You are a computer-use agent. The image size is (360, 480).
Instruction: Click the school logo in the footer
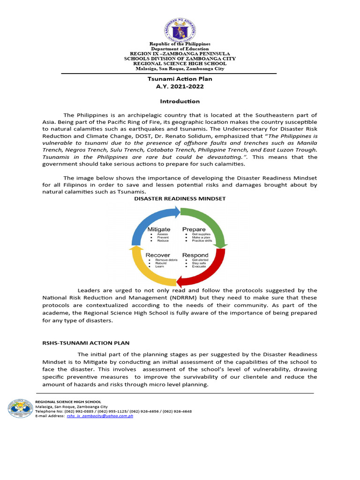pos(20,409)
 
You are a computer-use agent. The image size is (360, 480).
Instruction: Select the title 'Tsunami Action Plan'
pos(180,79)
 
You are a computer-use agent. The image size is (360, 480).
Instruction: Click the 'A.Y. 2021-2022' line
pos(180,87)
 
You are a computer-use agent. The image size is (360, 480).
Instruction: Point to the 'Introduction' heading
pos(180,101)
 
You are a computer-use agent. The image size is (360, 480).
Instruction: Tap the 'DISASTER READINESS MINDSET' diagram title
pos(180,199)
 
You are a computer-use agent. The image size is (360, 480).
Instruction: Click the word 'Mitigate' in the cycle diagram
pos(159,229)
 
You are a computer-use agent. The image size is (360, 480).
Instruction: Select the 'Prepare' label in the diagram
pos(194,229)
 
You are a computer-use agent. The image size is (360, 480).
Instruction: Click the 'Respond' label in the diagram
pos(195,255)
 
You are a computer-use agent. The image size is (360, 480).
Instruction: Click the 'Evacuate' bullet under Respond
pos(199,267)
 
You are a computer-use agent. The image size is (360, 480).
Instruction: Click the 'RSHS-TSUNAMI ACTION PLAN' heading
pos(86,343)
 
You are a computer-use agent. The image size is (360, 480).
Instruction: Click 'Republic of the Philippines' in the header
pos(180,44)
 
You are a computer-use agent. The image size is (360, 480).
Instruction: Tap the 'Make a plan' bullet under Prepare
pos(201,237)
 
